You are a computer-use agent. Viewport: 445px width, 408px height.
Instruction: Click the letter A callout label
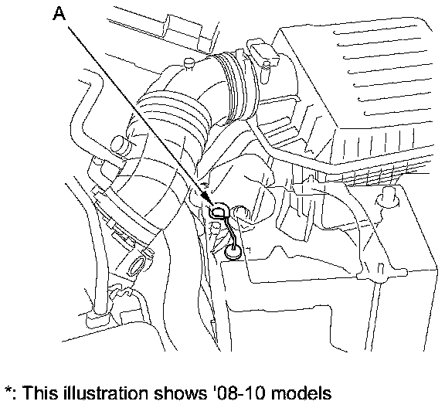(x=59, y=14)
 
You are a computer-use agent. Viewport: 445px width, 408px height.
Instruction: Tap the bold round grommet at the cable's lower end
(x=233, y=252)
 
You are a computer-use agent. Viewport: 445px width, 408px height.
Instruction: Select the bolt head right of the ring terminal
(x=239, y=212)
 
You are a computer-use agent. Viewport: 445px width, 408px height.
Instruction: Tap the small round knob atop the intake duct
(x=189, y=63)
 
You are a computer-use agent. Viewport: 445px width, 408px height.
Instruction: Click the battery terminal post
(x=387, y=196)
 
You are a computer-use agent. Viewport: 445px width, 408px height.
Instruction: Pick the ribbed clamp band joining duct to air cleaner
(x=236, y=85)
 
